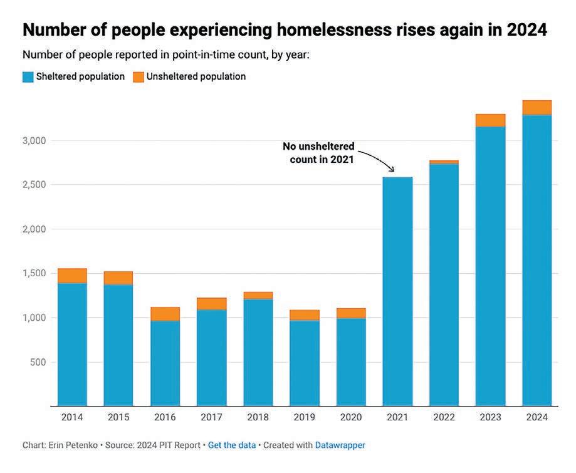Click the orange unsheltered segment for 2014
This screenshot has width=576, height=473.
(72, 276)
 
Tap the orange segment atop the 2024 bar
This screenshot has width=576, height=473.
(537, 108)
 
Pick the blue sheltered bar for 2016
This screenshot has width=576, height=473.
(165, 363)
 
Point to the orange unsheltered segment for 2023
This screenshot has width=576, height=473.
(490, 120)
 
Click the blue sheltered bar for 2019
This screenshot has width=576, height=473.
(305, 363)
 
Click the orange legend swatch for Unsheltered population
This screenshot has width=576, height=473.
(140, 77)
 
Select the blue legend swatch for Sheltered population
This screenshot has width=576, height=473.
(28, 77)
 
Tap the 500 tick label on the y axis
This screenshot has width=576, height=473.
(39, 362)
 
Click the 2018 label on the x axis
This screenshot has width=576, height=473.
(258, 417)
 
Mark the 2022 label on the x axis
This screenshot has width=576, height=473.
(444, 417)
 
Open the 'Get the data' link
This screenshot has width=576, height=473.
(232, 445)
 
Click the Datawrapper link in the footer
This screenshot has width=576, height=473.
(340, 445)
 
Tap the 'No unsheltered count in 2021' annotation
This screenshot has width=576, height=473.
(318, 152)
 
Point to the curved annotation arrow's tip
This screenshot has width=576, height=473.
(393, 171)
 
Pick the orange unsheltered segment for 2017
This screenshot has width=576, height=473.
(211, 304)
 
